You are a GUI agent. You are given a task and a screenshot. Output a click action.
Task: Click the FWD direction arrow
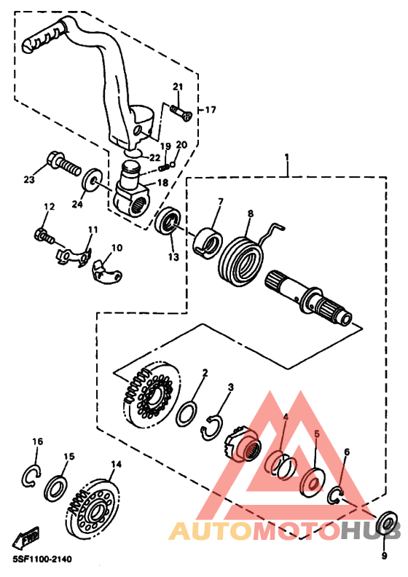click(25, 538)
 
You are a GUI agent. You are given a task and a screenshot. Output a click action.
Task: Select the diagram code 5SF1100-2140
click(42, 560)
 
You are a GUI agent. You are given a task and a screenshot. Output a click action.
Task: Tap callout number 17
click(211, 110)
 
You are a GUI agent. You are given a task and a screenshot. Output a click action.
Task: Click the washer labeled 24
click(91, 181)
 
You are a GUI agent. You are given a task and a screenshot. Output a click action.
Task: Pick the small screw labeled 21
click(181, 113)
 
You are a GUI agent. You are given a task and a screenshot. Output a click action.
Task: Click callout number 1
click(286, 157)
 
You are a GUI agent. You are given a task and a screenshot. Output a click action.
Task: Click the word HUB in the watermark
click(370, 530)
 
